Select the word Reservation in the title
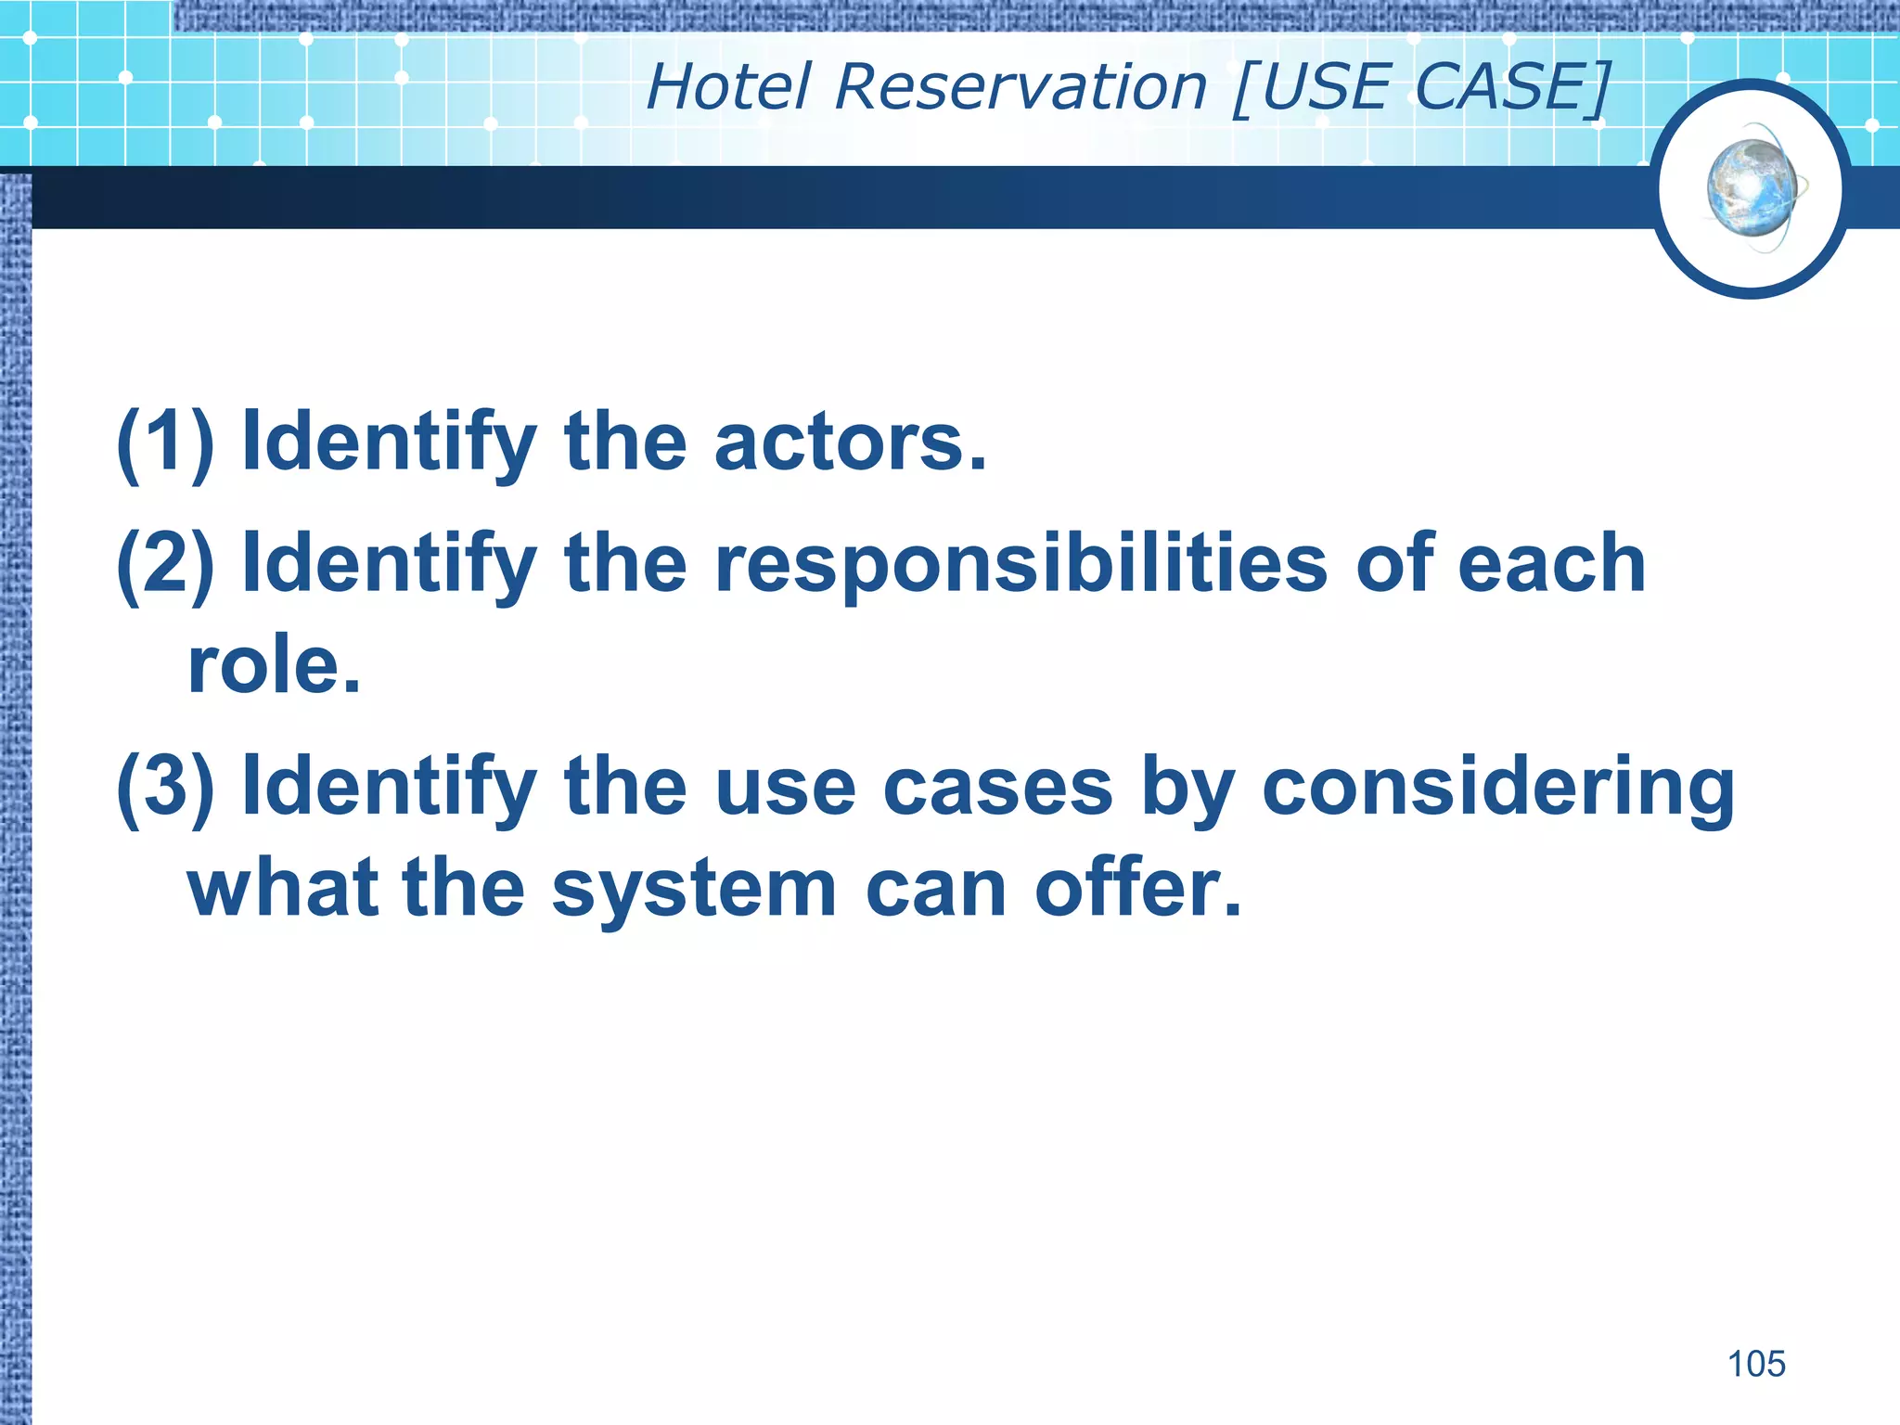coord(1021,87)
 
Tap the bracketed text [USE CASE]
coord(1421,87)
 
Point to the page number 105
coord(1755,1364)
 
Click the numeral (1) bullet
coord(165,442)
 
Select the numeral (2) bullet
coord(165,563)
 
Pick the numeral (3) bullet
coord(165,787)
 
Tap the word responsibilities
coord(1021,563)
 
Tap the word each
coord(1550,563)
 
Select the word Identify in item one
coord(389,443)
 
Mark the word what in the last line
coord(283,888)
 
